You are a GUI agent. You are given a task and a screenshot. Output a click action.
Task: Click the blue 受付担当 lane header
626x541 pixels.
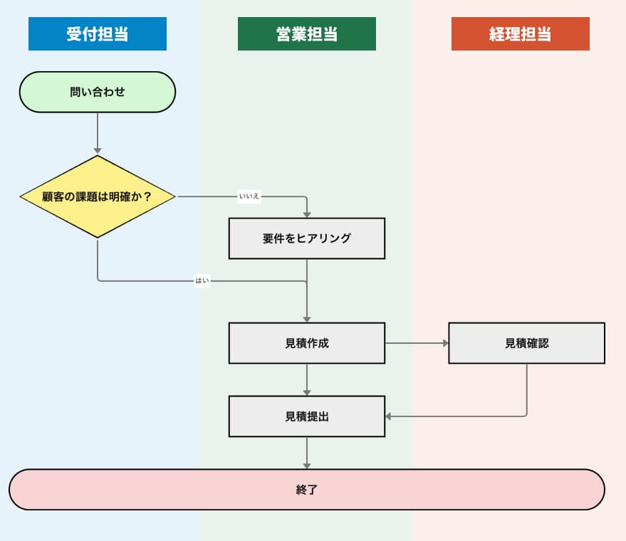pyautogui.click(x=97, y=34)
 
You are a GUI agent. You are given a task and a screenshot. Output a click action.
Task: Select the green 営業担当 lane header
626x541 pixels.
pyautogui.click(x=306, y=34)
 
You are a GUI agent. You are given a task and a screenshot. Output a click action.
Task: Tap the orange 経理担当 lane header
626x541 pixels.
pyautogui.click(x=520, y=34)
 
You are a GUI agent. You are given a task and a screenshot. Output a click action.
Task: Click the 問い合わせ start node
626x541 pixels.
pyautogui.click(x=97, y=92)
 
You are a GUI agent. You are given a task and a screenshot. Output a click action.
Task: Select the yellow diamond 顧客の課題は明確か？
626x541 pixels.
pyautogui.click(x=97, y=196)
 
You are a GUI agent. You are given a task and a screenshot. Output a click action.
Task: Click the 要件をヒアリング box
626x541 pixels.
pyautogui.click(x=306, y=238)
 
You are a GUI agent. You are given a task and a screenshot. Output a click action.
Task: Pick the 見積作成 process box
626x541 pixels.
pyautogui.click(x=306, y=343)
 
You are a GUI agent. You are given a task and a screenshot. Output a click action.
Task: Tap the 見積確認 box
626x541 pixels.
pyautogui.click(x=526, y=343)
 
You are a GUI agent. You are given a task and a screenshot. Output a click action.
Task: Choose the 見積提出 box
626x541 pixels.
pyautogui.click(x=306, y=416)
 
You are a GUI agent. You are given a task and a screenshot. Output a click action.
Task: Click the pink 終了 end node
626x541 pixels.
pyautogui.click(x=306, y=490)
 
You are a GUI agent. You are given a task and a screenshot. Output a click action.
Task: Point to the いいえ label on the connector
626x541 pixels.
pyautogui.click(x=249, y=196)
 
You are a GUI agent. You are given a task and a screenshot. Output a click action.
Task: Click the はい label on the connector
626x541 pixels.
pyautogui.click(x=202, y=281)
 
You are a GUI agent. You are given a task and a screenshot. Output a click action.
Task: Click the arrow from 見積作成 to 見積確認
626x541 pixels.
pyautogui.click(x=417, y=343)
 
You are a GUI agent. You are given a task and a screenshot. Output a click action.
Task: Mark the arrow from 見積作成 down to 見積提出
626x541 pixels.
pyautogui.click(x=307, y=379)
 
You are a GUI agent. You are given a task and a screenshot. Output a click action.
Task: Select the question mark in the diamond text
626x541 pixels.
pyautogui.click(x=147, y=196)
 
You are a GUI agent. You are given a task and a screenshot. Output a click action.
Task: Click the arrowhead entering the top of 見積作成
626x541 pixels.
pyautogui.click(x=307, y=318)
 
